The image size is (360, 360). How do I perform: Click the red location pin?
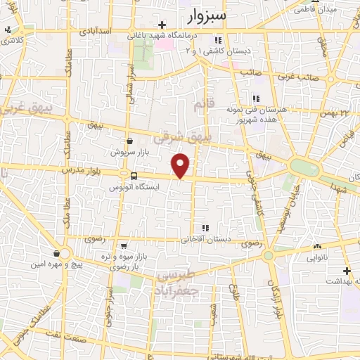pos(181,165)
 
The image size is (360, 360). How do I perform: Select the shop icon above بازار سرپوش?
pos(129,141)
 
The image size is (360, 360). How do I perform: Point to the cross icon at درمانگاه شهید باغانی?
pos(162,25)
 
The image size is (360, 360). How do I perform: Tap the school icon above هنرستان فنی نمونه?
pos(256,99)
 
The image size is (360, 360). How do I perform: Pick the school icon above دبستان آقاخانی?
pos(205,228)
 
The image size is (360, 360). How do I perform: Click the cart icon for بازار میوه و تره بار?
pos(124,246)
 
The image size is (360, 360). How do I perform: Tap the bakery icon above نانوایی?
pos(318,246)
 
